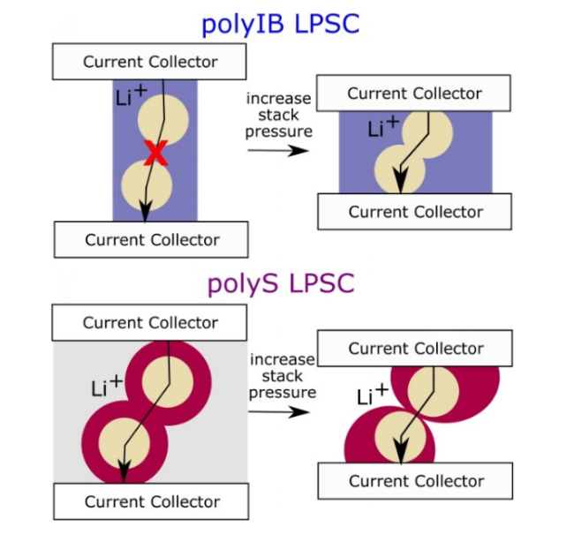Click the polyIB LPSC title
pyautogui.click(x=280, y=22)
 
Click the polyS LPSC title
pyautogui.click(x=280, y=283)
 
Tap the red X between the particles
pyautogui.click(x=155, y=153)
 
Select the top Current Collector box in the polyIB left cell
pyautogui.click(x=149, y=62)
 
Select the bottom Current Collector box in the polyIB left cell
pyautogui.click(x=151, y=240)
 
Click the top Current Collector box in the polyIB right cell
pyautogui.click(x=413, y=94)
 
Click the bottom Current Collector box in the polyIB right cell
pyautogui.click(x=414, y=212)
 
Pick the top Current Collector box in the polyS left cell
pyautogui.click(x=149, y=323)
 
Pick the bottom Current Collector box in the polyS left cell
pyautogui.click(x=151, y=501)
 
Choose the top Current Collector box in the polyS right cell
pyautogui.click(x=414, y=349)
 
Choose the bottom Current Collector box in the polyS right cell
pyautogui.click(x=415, y=481)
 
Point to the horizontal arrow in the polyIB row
pyautogui.click(x=277, y=149)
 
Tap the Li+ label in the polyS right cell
pyautogui.click(x=374, y=395)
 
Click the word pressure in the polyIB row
pyautogui.click(x=280, y=132)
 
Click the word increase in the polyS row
pyautogui.click(x=282, y=359)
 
